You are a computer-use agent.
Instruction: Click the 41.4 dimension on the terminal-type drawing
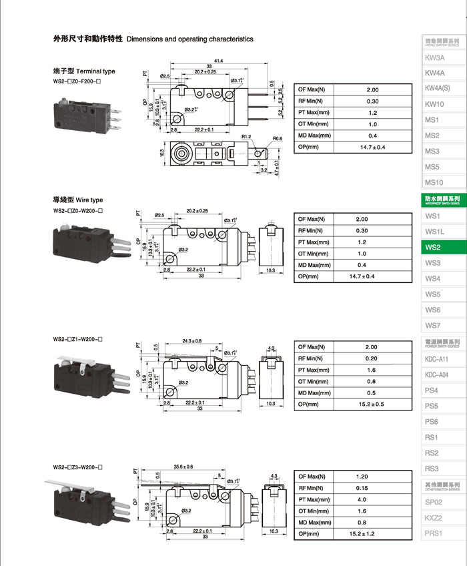click(x=218, y=61)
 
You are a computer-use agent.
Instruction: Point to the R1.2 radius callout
click(x=246, y=136)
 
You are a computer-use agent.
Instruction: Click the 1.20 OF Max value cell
click(x=362, y=477)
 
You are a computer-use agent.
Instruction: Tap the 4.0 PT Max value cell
click(x=362, y=499)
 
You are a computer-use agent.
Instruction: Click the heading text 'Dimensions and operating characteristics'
click(x=189, y=39)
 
